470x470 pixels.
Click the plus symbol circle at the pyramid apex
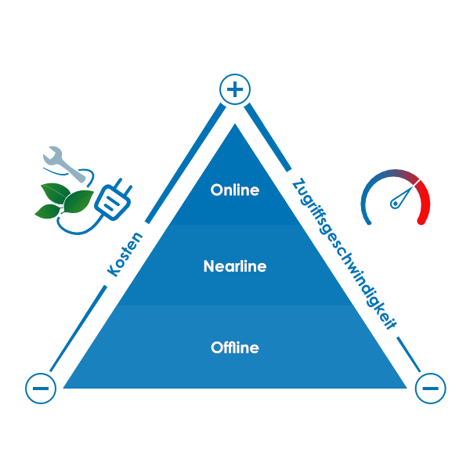click(x=234, y=90)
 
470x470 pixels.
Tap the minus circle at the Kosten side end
click(x=41, y=387)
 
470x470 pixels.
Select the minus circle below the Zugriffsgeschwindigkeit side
click(x=430, y=388)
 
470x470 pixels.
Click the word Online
click(x=234, y=190)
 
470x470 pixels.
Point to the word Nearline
click(x=235, y=266)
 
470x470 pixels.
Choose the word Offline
click(x=235, y=348)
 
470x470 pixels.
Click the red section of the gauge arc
click(x=423, y=200)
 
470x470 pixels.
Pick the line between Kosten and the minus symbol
click(x=78, y=329)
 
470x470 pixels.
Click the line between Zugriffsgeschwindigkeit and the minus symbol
click(x=407, y=353)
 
